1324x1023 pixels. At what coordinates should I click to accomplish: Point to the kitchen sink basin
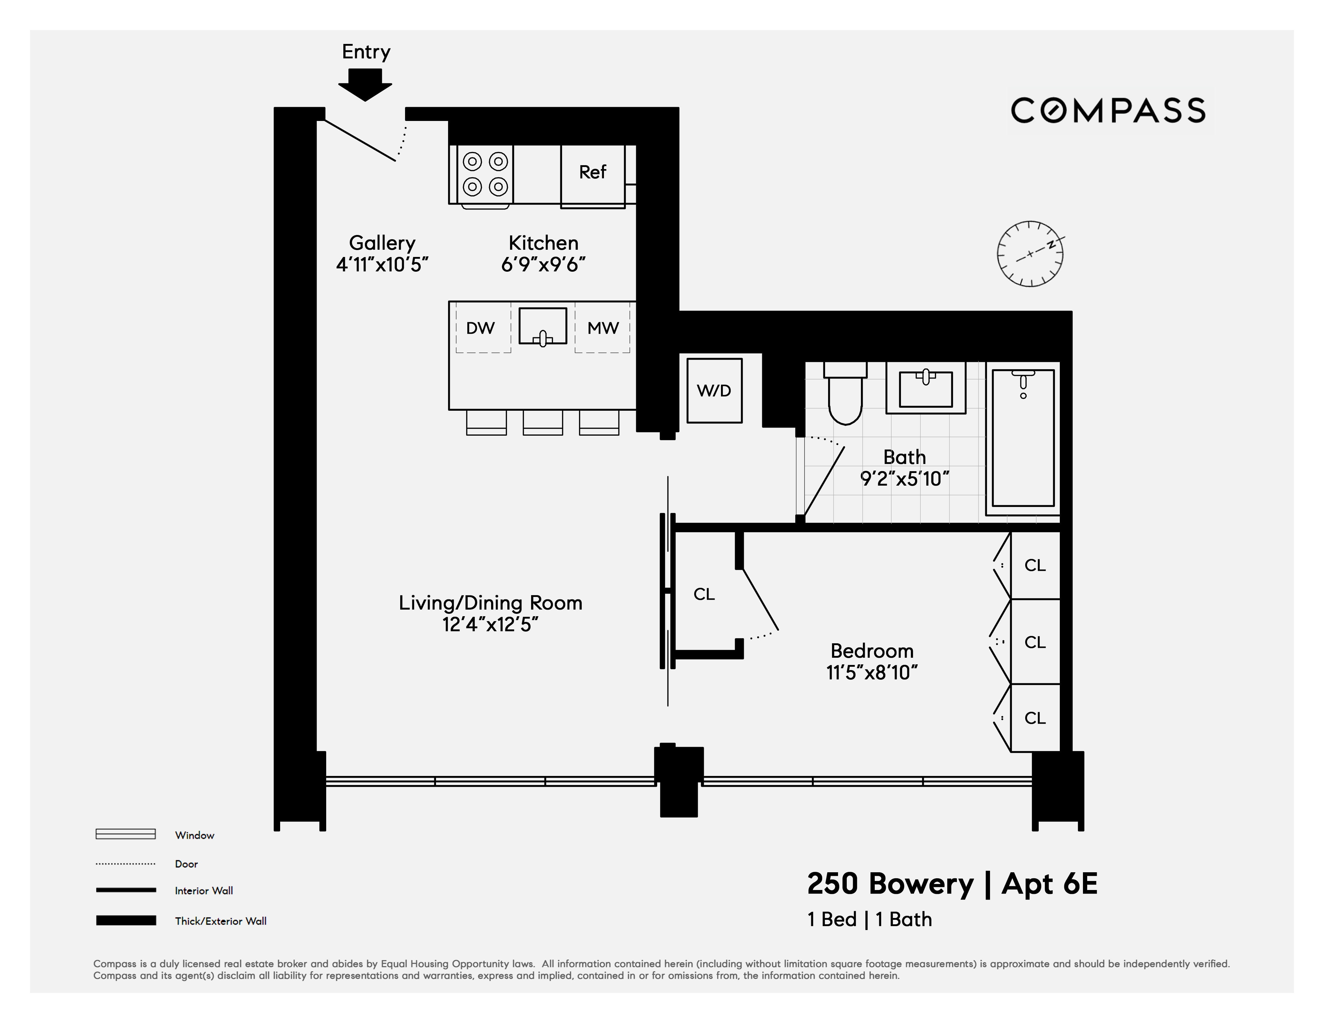click(x=543, y=327)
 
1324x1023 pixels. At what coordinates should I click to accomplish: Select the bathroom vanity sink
click(x=926, y=388)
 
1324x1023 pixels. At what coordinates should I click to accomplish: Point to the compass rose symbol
click(x=1030, y=253)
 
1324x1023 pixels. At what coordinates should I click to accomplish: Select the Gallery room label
click(x=382, y=243)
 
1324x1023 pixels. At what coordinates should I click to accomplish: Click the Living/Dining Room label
click(x=490, y=603)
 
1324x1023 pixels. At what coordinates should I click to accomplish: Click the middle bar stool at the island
click(x=543, y=422)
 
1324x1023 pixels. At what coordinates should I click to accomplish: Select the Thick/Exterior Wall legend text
click(x=221, y=921)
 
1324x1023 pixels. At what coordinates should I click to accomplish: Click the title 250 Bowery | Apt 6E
click(x=952, y=884)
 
